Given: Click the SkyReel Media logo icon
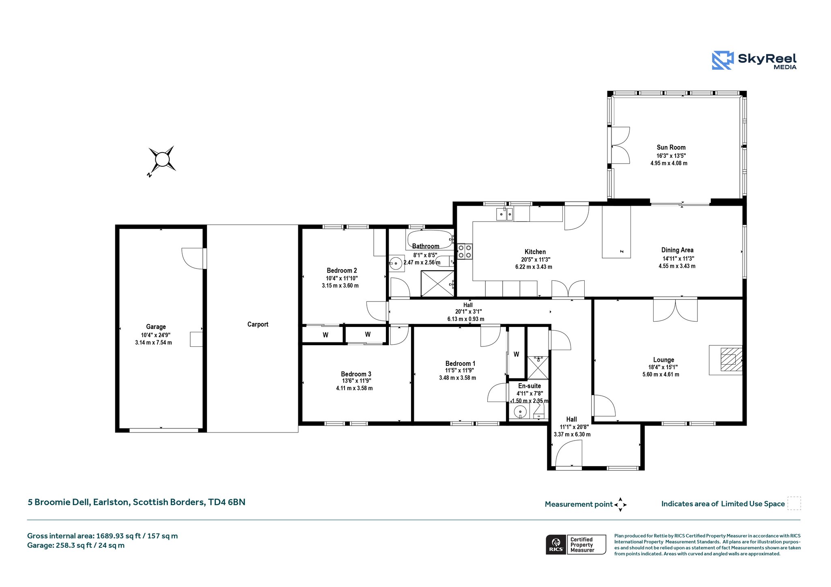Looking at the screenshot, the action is (723, 60).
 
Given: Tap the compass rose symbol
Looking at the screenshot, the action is (162, 159).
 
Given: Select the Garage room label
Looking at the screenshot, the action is (156, 327).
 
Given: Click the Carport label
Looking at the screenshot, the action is (258, 324).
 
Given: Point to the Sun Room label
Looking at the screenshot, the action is (671, 147).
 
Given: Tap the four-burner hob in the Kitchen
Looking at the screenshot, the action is (465, 251).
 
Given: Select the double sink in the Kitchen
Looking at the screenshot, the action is (505, 213).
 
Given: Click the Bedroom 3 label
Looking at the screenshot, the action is (356, 374).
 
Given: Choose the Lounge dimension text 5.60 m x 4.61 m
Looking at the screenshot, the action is (661, 374).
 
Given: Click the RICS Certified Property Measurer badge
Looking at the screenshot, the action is (576, 545).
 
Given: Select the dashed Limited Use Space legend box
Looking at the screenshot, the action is (794, 503).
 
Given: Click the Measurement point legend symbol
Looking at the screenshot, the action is (620, 505).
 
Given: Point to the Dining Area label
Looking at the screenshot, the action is (677, 250).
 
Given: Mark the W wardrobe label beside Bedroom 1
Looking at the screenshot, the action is (516, 354).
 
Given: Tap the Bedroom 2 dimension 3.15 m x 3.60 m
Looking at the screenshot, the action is (340, 286).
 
